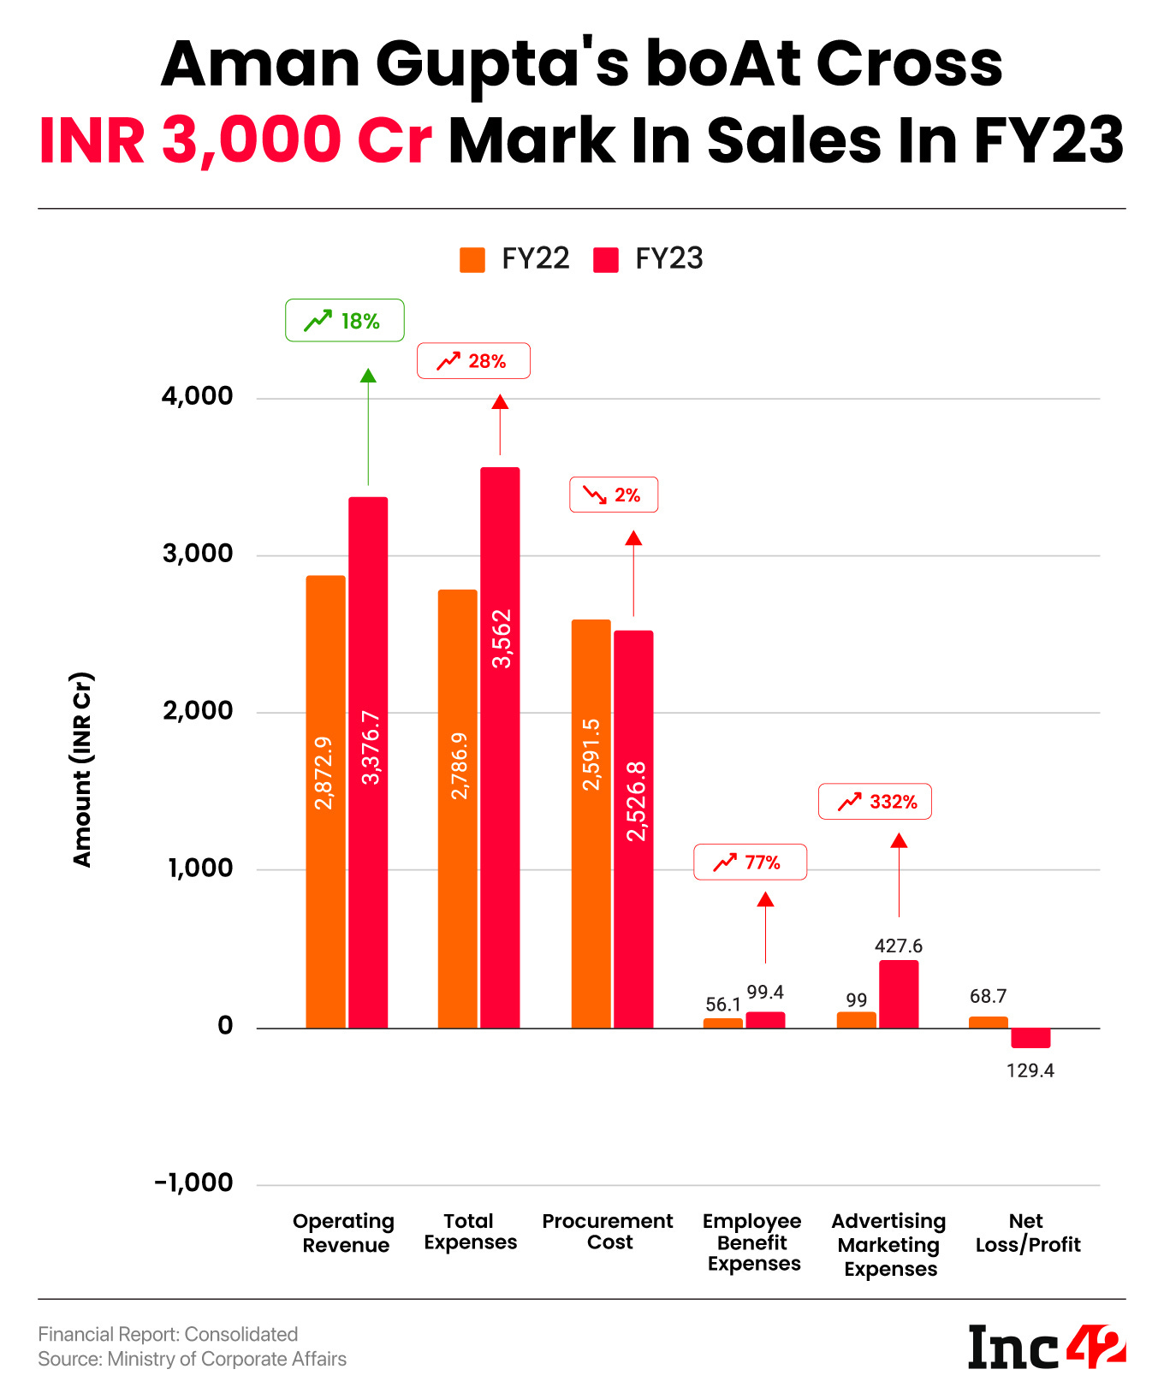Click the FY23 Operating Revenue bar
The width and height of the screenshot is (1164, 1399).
pyautogui.click(x=368, y=762)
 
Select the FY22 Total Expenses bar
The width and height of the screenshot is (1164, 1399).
pyautogui.click(x=458, y=809)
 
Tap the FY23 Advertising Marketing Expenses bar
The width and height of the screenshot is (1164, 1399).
pyautogui.click(x=899, y=994)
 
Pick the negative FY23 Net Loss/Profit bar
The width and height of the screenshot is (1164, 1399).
pyautogui.click(x=1030, y=1038)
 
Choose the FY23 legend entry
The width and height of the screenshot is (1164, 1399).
pyautogui.click(x=649, y=258)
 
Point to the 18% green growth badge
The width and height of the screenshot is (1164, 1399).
pyautogui.click(x=345, y=321)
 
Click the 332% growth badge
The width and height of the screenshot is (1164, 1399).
pyautogui.click(x=875, y=802)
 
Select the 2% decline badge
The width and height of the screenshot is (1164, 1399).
pyautogui.click(x=614, y=495)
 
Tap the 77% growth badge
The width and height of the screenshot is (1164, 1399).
pyautogui.click(x=750, y=862)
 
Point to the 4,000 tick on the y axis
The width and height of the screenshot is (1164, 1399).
pyautogui.click(x=197, y=396)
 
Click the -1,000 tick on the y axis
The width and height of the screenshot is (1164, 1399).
pyautogui.click(x=193, y=1183)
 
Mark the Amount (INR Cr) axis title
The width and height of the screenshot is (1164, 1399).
pyautogui.click(x=82, y=770)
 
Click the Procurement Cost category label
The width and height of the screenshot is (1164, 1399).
pyautogui.click(x=608, y=1231)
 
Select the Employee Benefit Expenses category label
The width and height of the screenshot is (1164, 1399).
pyautogui.click(x=752, y=1242)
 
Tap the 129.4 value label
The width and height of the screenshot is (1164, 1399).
pyautogui.click(x=1030, y=1070)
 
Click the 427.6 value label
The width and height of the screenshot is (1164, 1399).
pyautogui.click(x=899, y=946)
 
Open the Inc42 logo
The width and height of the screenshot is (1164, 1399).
pyautogui.click(x=1046, y=1347)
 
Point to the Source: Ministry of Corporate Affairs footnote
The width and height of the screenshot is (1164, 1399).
pyautogui.click(x=193, y=1359)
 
